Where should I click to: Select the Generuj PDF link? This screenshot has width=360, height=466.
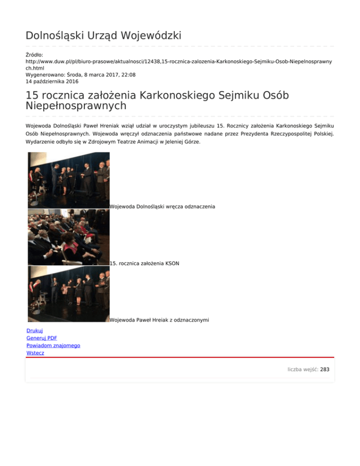coord(42,338)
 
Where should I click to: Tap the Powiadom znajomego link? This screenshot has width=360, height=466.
coord(53,346)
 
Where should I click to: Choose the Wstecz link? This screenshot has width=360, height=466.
coord(36,353)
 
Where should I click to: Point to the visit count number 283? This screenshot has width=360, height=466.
coord(325,369)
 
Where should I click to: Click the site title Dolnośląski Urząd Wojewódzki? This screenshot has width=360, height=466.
coord(104,36)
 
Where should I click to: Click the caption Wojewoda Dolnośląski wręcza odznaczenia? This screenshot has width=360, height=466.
coord(162,206)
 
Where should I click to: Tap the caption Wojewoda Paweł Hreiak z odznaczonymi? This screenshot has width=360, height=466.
coord(159,320)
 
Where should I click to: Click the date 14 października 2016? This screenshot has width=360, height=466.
coord(52,81)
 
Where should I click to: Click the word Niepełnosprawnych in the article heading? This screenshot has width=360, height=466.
coord(76,106)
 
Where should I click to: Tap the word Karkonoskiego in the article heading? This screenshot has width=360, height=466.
coord(173,95)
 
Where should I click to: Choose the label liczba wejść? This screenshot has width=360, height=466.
coord(302,369)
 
